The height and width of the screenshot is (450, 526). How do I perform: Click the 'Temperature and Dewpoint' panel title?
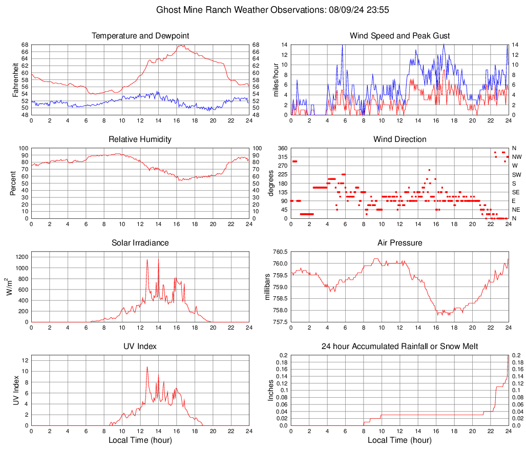click(140, 36)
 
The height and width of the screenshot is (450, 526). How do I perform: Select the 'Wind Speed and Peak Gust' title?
click(399, 36)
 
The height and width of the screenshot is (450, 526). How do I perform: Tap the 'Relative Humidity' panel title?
click(140, 139)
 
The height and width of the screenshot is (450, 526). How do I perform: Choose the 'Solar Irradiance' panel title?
click(140, 243)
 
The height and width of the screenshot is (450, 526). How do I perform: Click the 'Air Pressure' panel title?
click(399, 243)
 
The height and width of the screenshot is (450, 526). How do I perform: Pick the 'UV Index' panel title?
click(140, 346)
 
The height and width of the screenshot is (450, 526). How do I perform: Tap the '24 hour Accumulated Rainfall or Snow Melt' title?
click(399, 346)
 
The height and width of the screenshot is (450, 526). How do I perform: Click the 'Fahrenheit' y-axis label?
click(15, 79)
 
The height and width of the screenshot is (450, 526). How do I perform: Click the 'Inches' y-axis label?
click(271, 391)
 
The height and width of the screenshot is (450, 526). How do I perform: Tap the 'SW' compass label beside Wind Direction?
click(516, 175)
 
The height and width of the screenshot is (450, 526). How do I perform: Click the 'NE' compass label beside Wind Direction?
click(516, 210)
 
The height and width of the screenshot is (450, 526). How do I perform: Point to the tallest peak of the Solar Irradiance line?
click(147, 259)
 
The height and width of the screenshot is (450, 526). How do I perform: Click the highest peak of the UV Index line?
click(147, 366)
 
